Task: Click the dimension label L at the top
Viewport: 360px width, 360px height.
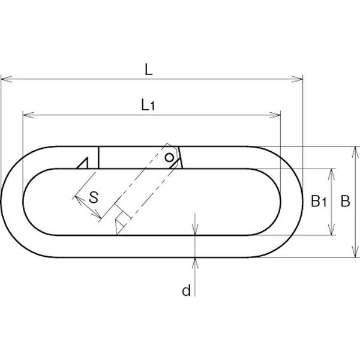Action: point(149,70)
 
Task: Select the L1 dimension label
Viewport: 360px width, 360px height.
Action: point(148,104)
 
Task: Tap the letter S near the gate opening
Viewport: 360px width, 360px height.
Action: point(94,197)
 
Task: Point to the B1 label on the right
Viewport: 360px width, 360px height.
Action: point(319,201)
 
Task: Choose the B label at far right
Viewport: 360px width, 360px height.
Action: point(345,201)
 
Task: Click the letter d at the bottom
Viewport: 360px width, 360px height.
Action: point(186,290)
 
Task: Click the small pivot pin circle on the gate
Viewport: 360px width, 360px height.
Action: point(169,158)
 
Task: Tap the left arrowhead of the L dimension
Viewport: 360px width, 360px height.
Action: point(7,79)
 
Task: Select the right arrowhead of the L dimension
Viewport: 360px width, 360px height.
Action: point(297,79)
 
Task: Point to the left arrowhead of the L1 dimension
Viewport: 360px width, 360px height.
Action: point(28,115)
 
